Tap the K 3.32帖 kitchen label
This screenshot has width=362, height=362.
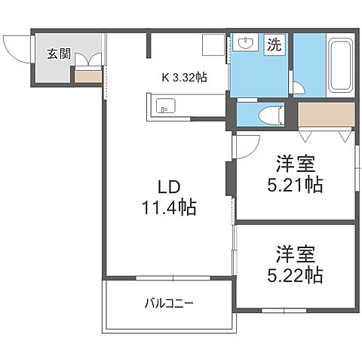184,76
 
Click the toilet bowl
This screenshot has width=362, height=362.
267,114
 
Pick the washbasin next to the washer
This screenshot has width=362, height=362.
244,44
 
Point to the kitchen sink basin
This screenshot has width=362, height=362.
165,106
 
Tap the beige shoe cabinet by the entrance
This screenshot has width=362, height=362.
87,75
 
